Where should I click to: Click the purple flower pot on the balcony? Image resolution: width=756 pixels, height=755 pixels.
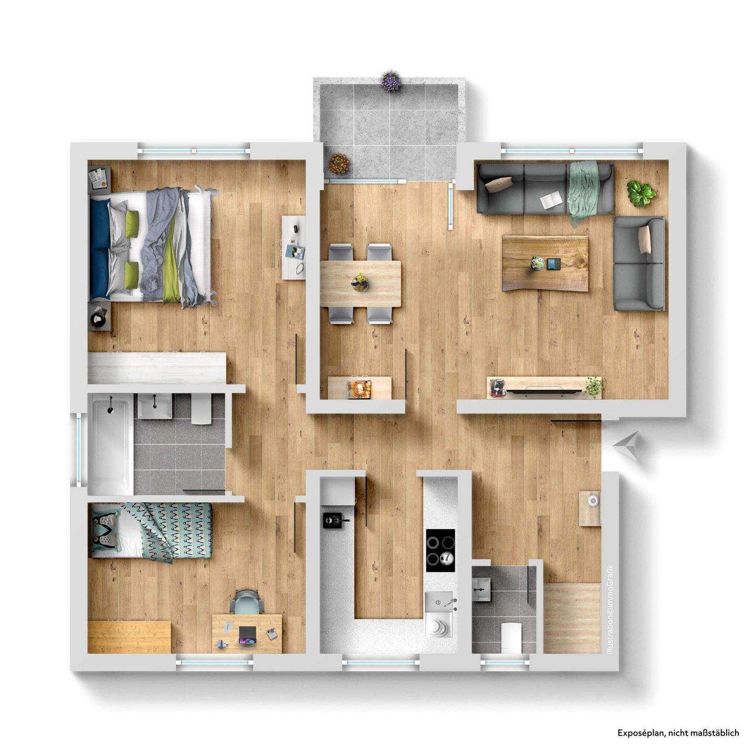[x=391, y=81]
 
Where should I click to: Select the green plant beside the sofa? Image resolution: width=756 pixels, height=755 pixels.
[x=641, y=193]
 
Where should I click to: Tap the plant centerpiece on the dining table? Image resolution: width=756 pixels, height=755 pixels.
[x=360, y=282]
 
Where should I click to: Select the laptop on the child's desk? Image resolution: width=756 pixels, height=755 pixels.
[x=247, y=634]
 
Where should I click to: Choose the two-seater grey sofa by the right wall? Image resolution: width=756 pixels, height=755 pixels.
[x=638, y=263]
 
